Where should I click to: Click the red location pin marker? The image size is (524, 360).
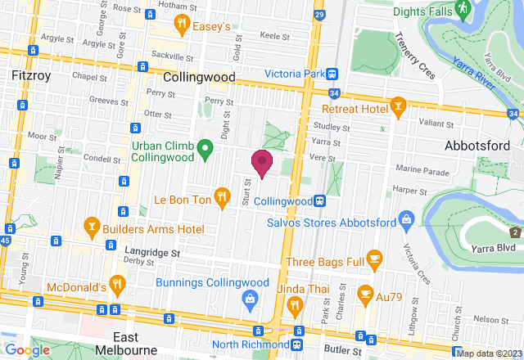[x=261, y=161]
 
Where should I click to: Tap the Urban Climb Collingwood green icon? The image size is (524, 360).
[x=206, y=149]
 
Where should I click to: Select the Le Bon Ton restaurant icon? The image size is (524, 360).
[x=222, y=196]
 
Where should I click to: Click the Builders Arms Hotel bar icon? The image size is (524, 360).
[x=92, y=226]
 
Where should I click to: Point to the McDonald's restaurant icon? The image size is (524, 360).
[x=118, y=286]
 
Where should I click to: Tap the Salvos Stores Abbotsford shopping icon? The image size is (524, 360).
[x=405, y=219]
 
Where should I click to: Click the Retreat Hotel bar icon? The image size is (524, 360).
[x=398, y=107]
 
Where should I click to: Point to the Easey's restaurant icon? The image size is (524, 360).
[x=185, y=26]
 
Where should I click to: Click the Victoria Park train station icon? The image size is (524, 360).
[x=332, y=73]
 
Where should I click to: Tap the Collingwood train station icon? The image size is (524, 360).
[x=323, y=200]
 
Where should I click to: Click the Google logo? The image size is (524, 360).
[x=27, y=350]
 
